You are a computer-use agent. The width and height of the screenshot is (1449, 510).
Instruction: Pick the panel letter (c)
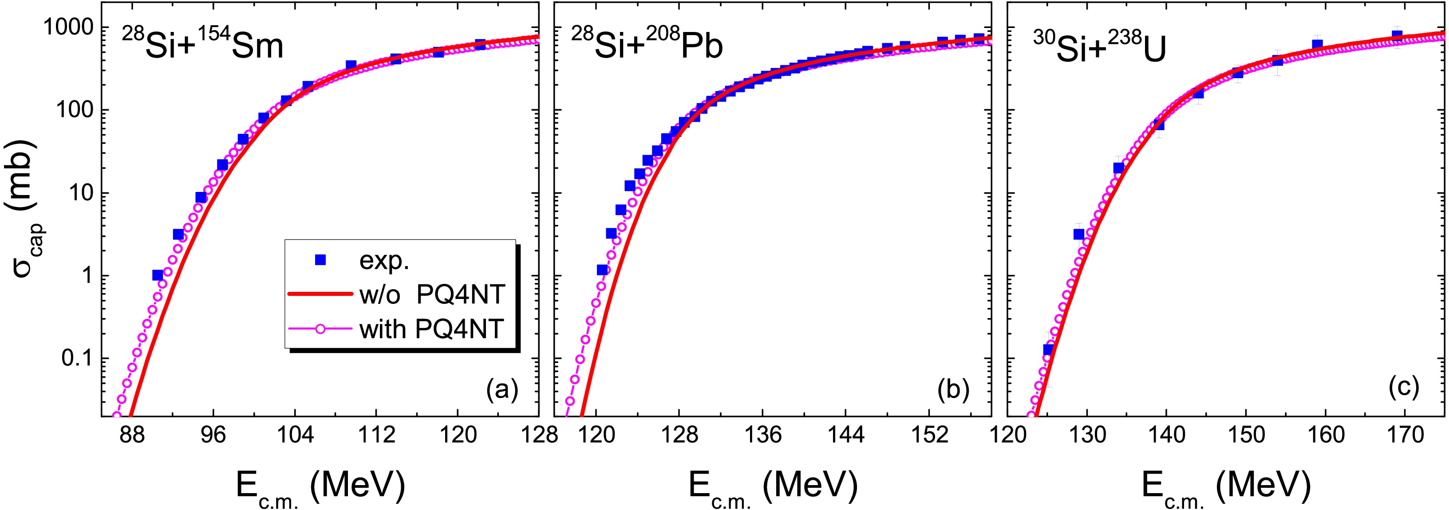(1403, 387)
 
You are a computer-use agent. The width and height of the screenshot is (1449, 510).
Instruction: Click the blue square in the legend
(320, 259)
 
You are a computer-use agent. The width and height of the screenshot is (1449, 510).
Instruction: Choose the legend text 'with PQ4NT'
(431, 329)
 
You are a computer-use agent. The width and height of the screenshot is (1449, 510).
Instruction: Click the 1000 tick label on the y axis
(68, 27)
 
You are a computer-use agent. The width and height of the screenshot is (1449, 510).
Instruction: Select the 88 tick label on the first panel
(132, 435)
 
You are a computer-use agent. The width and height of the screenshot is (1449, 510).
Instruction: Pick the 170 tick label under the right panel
(1405, 435)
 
